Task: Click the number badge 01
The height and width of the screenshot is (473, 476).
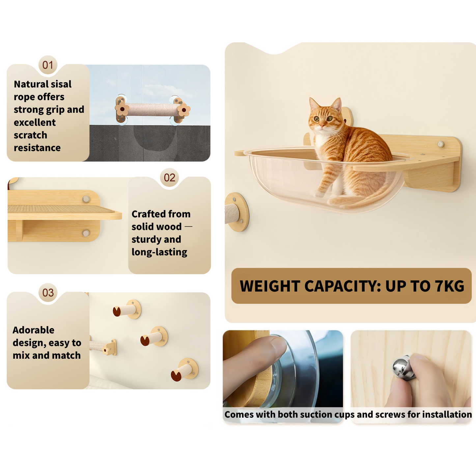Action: (x=48, y=65)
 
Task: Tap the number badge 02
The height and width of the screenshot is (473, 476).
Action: (x=169, y=178)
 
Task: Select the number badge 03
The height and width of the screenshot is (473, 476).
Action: (x=48, y=292)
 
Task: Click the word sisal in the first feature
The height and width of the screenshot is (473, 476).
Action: (x=59, y=84)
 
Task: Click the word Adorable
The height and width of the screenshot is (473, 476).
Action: (x=33, y=330)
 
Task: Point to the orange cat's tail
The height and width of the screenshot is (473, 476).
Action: (x=359, y=199)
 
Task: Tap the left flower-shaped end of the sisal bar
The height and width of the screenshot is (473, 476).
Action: (x=122, y=109)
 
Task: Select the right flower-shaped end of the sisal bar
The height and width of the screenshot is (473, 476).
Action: (x=183, y=110)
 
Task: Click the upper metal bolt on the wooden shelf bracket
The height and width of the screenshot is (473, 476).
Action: (x=86, y=199)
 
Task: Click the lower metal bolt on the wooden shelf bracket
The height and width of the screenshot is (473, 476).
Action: (x=86, y=233)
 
